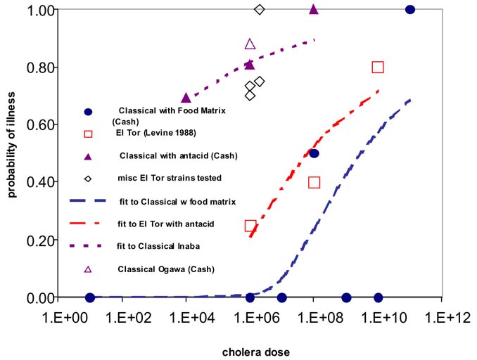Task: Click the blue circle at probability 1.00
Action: point(410,9)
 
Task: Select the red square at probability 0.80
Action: point(378,67)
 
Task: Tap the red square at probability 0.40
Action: point(314,182)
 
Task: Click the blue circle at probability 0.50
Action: point(314,153)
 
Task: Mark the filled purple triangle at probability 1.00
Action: point(314,9)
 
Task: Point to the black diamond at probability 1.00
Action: point(260,9)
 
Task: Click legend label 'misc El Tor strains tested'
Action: point(170,178)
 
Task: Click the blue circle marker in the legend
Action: point(88,112)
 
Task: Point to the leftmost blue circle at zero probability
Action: point(90,297)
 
